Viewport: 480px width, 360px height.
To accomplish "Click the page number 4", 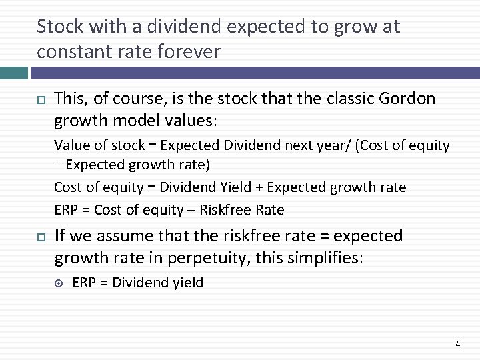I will pyautogui.click(x=457, y=344).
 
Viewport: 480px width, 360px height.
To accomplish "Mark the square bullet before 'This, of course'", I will pyautogui.click(x=41, y=100).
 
